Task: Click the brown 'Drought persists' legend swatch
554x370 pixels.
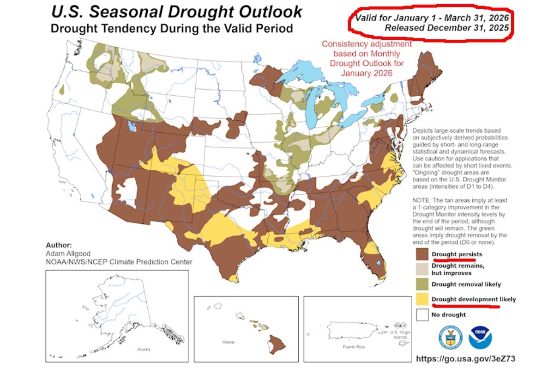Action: point(422,254)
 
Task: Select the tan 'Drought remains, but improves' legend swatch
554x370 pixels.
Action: point(422,269)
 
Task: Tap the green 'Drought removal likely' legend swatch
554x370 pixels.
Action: point(422,284)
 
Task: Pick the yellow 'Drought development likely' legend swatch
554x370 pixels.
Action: point(422,299)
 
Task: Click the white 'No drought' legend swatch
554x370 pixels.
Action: point(422,314)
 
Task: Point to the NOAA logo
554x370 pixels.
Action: point(480,337)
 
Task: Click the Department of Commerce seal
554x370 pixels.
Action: point(450,337)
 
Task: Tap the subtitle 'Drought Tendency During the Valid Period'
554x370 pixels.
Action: point(172,28)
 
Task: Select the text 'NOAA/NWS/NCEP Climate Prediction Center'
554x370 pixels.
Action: point(119,262)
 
